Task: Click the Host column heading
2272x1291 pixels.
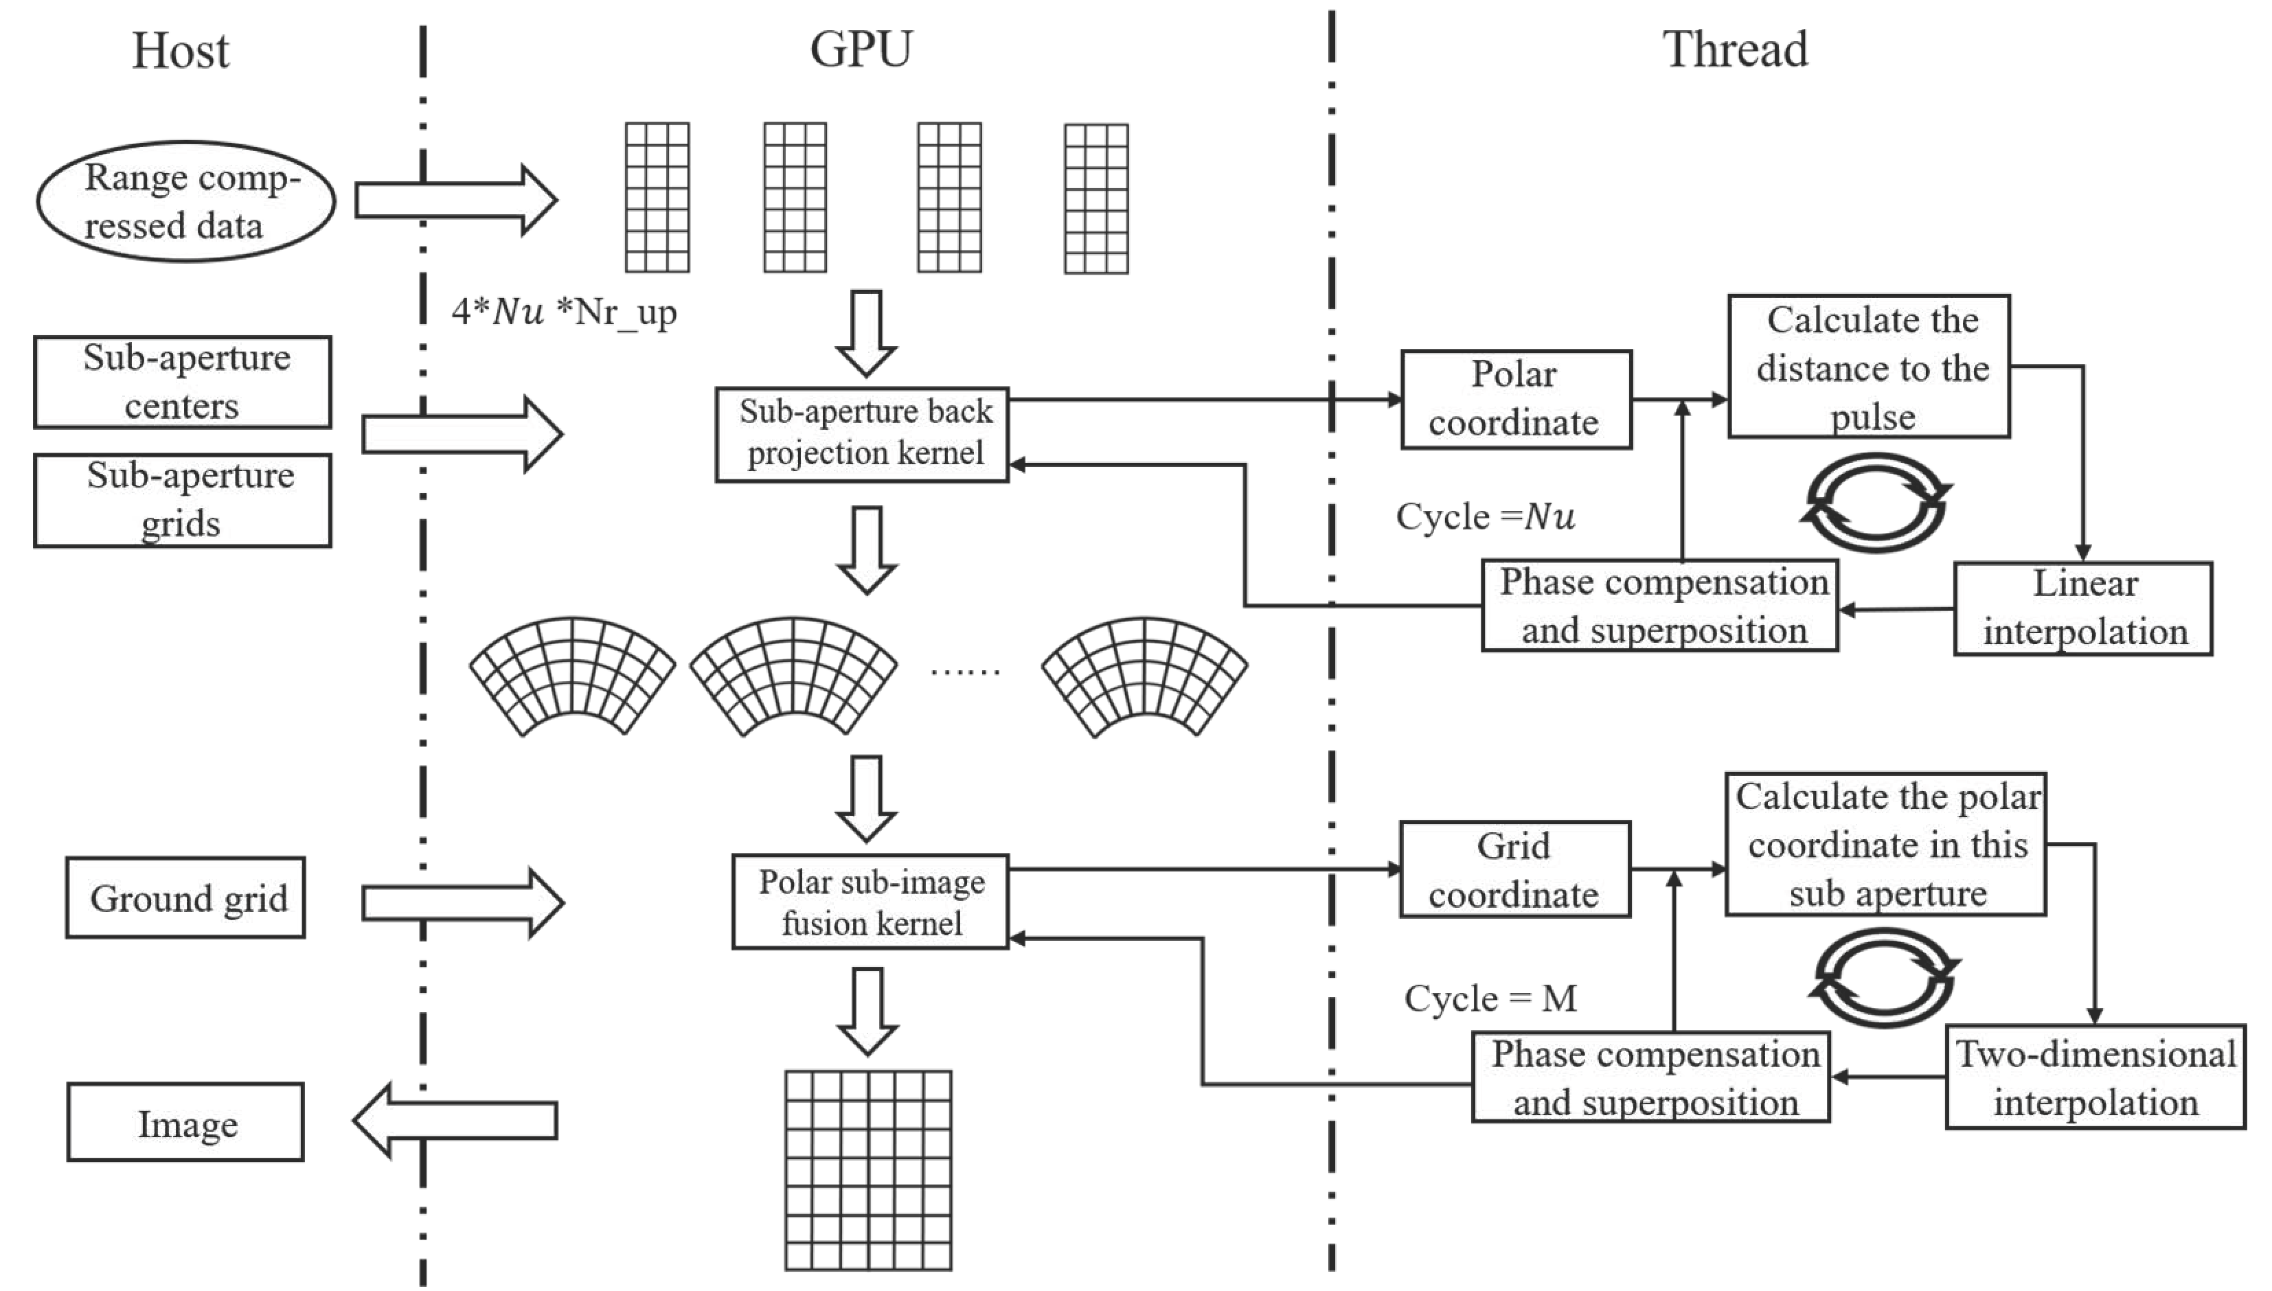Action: (x=180, y=51)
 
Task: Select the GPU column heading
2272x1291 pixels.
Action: (x=860, y=49)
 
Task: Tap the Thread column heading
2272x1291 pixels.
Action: (x=1735, y=49)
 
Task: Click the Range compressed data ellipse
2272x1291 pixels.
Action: (x=186, y=201)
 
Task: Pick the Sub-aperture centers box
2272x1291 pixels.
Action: (x=183, y=382)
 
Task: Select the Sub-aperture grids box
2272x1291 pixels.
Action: (x=183, y=500)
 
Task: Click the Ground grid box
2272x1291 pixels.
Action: (x=186, y=898)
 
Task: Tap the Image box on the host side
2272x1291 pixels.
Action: (x=186, y=1123)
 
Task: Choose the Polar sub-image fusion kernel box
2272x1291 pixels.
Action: (x=870, y=902)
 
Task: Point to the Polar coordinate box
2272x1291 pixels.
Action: (x=1516, y=399)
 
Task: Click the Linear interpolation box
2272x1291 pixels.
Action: (x=2083, y=608)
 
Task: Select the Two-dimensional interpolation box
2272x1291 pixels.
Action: (x=2095, y=1077)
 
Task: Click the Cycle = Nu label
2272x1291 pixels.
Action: (x=1486, y=516)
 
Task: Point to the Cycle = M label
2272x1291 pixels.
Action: (x=1490, y=998)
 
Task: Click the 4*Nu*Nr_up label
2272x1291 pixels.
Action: (x=564, y=312)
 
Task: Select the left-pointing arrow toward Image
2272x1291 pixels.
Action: (x=455, y=1121)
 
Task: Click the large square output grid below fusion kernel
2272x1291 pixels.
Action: (x=868, y=1170)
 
